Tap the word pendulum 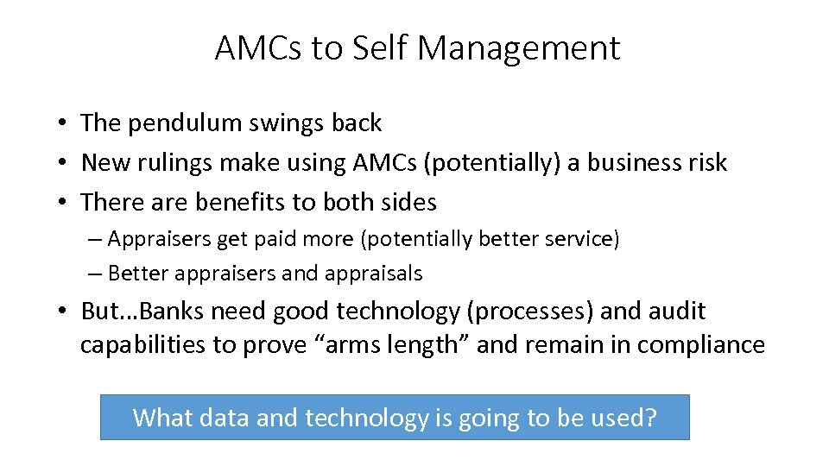(187, 123)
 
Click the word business (633, 162)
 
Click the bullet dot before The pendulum (65, 123)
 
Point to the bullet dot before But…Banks (65, 311)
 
